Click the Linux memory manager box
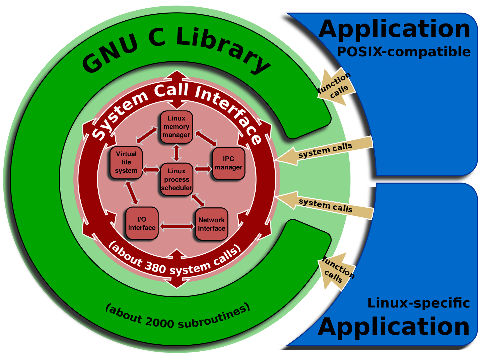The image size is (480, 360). pyautogui.click(x=176, y=127)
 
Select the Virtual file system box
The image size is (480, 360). pyautogui.click(x=126, y=162)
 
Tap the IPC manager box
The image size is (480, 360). pyautogui.click(x=229, y=163)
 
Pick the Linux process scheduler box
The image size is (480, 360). pyautogui.click(x=177, y=179)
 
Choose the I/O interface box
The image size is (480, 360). pyautogui.click(x=142, y=223)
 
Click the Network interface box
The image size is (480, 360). pyautogui.click(x=212, y=224)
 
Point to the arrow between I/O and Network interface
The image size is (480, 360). pyautogui.click(x=177, y=226)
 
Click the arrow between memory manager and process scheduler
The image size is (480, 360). pyautogui.click(x=176, y=153)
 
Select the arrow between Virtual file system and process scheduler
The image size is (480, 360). pyautogui.click(x=151, y=169)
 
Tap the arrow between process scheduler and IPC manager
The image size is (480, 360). pyautogui.click(x=203, y=169)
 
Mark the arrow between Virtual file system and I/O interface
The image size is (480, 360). pyautogui.click(x=131, y=193)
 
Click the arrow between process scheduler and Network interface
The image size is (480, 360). pyautogui.click(x=198, y=200)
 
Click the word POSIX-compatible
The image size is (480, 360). pyautogui.click(x=404, y=52)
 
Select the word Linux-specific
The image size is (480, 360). pyautogui.click(x=419, y=303)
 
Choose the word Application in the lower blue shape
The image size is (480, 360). pyautogui.click(x=394, y=327)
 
